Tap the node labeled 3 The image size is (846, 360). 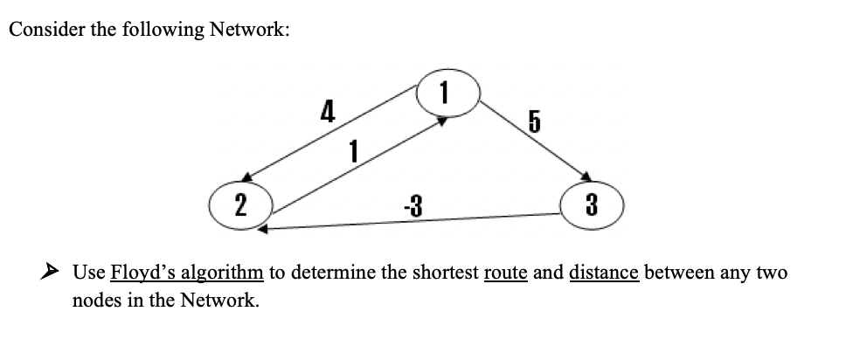(591, 207)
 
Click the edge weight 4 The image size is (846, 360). (327, 111)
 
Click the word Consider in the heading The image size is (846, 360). (41, 30)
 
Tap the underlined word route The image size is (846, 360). (504, 273)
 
